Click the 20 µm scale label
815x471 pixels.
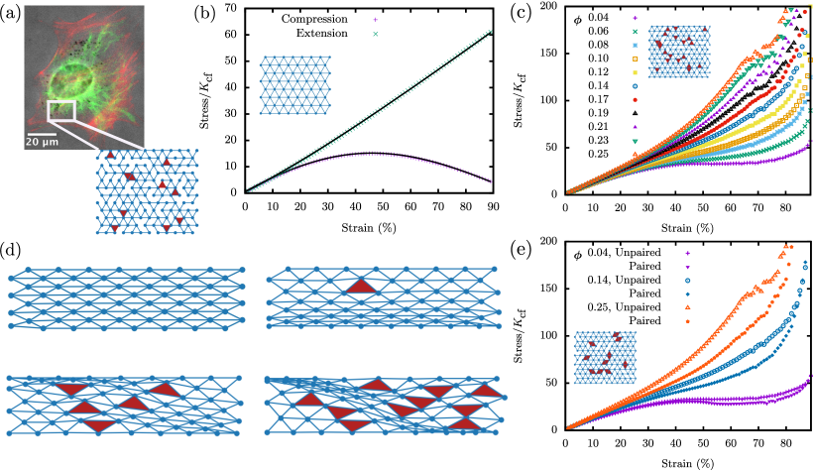[x=42, y=142]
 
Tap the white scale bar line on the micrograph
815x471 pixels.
[x=41, y=133]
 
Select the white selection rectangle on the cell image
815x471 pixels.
[x=60, y=110]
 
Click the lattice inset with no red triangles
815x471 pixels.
[x=294, y=85]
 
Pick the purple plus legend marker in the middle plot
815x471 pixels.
[x=375, y=19]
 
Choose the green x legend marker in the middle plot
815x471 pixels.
[x=375, y=34]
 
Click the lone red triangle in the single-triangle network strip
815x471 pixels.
[x=361, y=287]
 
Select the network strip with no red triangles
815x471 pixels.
[x=126, y=298]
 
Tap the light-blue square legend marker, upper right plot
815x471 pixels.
[x=636, y=45]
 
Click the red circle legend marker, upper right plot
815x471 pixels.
[x=636, y=99]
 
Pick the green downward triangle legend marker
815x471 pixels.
[x=636, y=141]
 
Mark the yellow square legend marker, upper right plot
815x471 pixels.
[x=636, y=72]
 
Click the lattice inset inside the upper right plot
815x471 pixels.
[x=679, y=52]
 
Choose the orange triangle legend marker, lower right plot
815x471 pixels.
[x=687, y=306]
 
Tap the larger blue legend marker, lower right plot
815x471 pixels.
[x=687, y=280]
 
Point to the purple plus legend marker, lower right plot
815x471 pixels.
[x=687, y=253]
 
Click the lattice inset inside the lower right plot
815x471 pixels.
[x=605, y=358]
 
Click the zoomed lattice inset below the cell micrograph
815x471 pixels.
[x=147, y=191]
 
